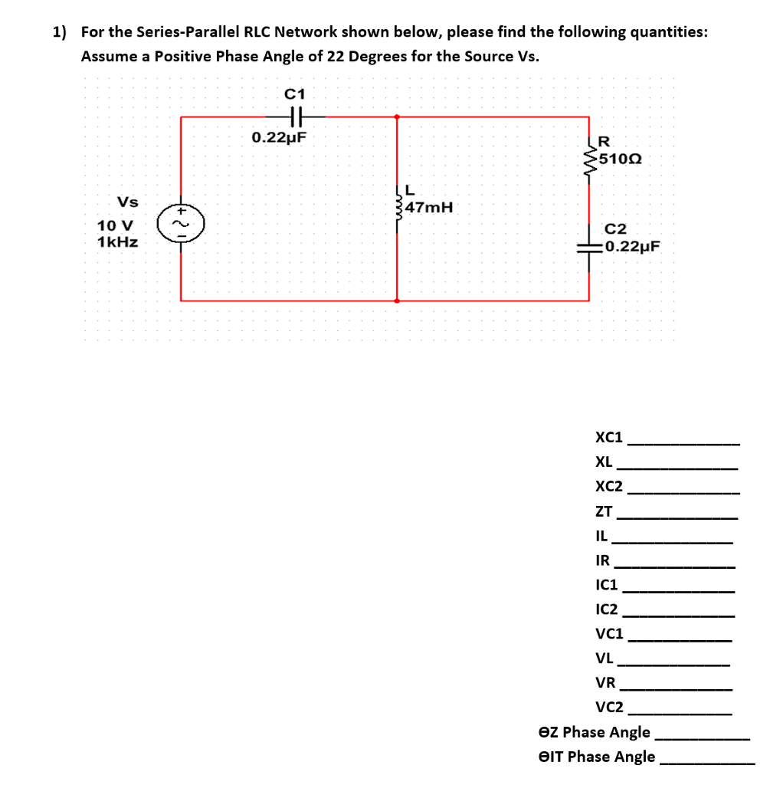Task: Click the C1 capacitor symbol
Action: [297, 117]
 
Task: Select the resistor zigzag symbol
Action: [590, 161]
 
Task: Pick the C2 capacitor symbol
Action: [589, 247]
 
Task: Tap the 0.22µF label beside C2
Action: [631, 247]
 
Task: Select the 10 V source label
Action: [115, 226]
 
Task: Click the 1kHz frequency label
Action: [117, 242]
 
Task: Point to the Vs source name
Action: [127, 202]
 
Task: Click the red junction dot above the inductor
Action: [397, 117]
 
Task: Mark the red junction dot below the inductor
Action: [397, 301]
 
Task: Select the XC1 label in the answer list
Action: [609, 438]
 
